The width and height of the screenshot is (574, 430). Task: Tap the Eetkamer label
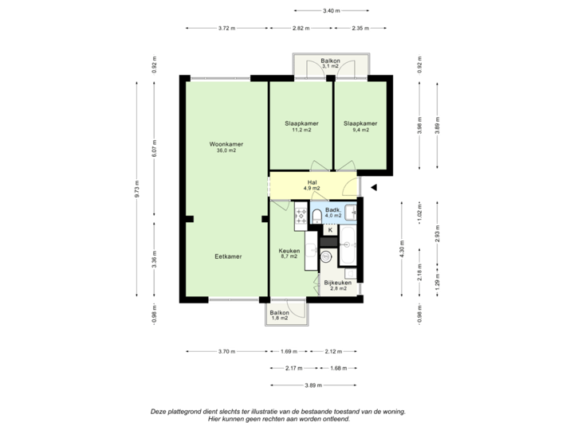tap(227, 256)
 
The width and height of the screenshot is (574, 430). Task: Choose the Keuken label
tap(288, 252)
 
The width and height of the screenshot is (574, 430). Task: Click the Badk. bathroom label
tap(333, 213)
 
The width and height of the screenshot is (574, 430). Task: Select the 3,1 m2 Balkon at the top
tap(330, 63)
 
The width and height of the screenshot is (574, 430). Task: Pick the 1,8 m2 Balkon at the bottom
tap(279, 315)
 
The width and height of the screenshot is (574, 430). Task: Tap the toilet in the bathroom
tap(316, 217)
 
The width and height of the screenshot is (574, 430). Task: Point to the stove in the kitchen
tap(301, 213)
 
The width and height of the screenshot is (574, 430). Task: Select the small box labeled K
tap(330, 230)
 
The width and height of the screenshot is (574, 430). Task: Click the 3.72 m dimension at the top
tap(226, 28)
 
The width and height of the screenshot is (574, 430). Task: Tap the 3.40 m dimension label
tap(331, 10)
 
